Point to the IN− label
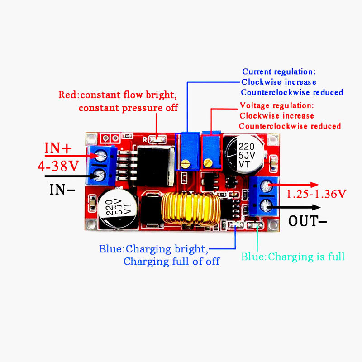click(x=62, y=189)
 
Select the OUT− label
click(x=307, y=222)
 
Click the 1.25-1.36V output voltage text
click(x=317, y=194)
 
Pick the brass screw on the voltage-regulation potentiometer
click(x=208, y=162)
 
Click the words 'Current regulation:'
click(x=279, y=71)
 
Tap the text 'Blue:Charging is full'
click(x=293, y=257)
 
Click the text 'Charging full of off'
click(x=171, y=262)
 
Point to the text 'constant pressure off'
click(x=128, y=108)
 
